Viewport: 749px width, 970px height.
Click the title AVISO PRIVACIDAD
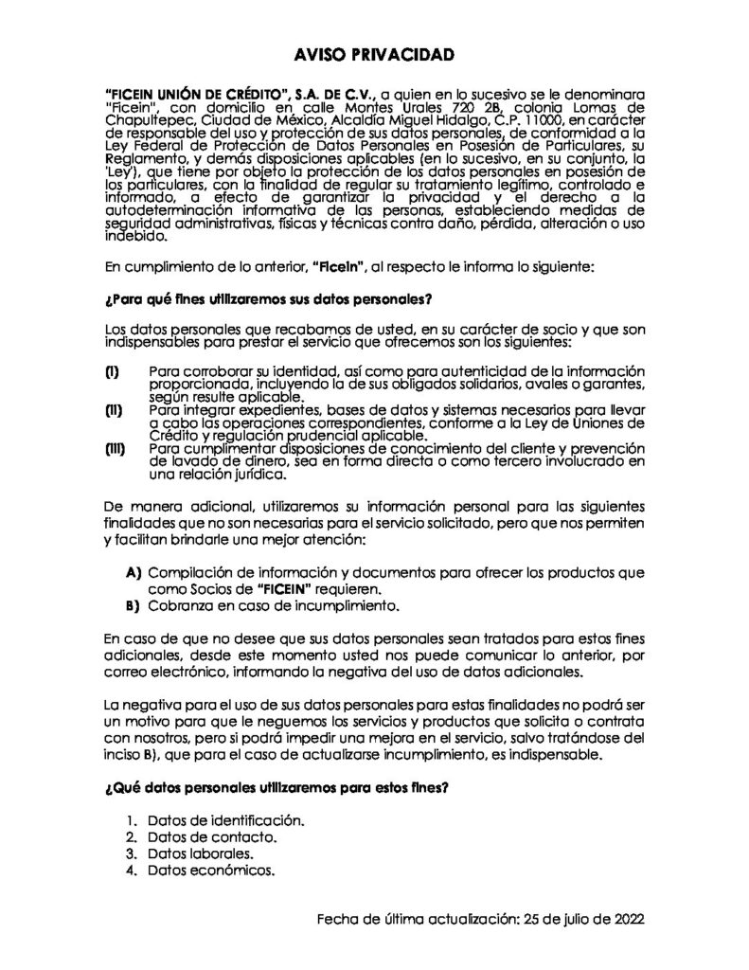(x=374, y=55)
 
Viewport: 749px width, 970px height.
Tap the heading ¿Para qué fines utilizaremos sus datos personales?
(x=268, y=301)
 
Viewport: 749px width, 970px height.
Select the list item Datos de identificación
(x=225, y=821)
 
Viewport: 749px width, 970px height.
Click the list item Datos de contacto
(x=211, y=837)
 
